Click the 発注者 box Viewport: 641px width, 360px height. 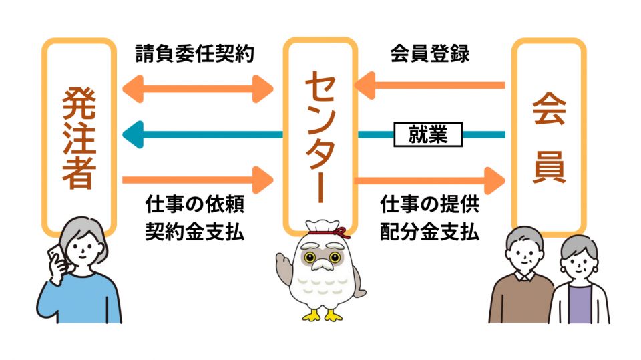pos(79,136)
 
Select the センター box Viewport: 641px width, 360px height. pos(318,136)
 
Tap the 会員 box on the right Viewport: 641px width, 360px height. pos(549,136)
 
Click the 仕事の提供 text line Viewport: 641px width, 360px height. pos(430,203)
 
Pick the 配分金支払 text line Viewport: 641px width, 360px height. pos(430,231)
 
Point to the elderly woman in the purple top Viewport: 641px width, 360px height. pos(579,284)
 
